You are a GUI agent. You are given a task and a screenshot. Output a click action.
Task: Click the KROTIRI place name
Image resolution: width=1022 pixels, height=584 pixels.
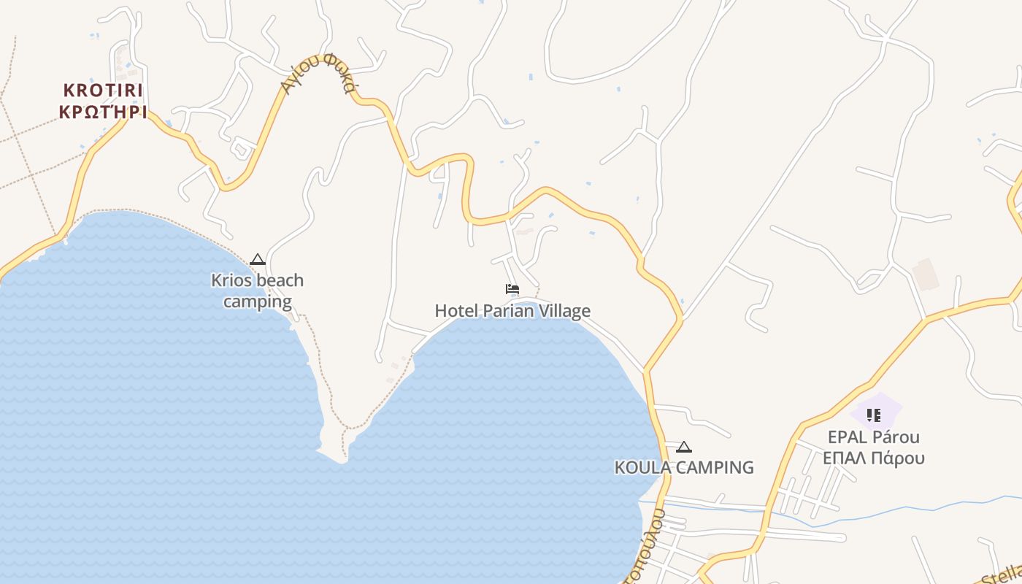(x=103, y=91)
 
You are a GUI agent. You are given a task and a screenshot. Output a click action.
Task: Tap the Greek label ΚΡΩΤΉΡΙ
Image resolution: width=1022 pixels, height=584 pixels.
(x=103, y=112)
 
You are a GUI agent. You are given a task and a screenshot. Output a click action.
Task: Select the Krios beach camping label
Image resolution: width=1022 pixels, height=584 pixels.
(x=257, y=291)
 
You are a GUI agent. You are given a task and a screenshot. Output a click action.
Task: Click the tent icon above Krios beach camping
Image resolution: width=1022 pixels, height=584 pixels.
(x=257, y=260)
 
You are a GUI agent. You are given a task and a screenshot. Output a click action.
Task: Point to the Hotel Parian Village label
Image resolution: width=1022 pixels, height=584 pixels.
(x=512, y=311)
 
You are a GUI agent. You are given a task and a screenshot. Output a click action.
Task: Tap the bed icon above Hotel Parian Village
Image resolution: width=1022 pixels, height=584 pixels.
(x=512, y=289)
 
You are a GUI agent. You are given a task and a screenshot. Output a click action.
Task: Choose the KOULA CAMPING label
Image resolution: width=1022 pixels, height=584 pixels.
(x=684, y=467)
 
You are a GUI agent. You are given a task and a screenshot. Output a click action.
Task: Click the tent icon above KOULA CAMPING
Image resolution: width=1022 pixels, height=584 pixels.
(x=684, y=447)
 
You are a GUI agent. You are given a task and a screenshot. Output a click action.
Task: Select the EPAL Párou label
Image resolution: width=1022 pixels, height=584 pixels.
(x=873, y=437)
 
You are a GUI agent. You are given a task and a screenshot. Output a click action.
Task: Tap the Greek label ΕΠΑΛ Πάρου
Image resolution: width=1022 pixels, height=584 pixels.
(x=873, y=458)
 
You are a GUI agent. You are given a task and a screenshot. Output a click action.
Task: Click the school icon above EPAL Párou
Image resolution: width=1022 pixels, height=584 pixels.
(x=873, y=415)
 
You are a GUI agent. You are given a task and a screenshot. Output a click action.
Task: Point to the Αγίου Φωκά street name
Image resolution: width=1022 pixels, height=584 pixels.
(x=318, y=75)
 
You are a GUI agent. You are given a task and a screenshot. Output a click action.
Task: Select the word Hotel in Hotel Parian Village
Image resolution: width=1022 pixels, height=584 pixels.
(x=457, y=311)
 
